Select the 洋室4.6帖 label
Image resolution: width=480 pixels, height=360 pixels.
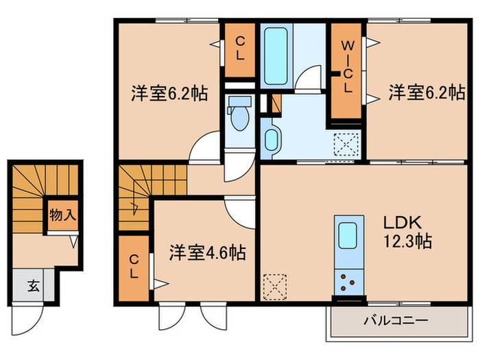tap(208, 253)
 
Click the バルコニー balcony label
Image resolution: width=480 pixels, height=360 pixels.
tap(396, 321)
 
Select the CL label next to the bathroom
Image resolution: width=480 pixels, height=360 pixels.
tap(240, 50)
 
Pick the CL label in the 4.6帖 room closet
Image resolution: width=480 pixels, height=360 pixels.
tap(134, 265)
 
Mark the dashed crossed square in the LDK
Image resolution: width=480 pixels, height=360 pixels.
tap(275, 287)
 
